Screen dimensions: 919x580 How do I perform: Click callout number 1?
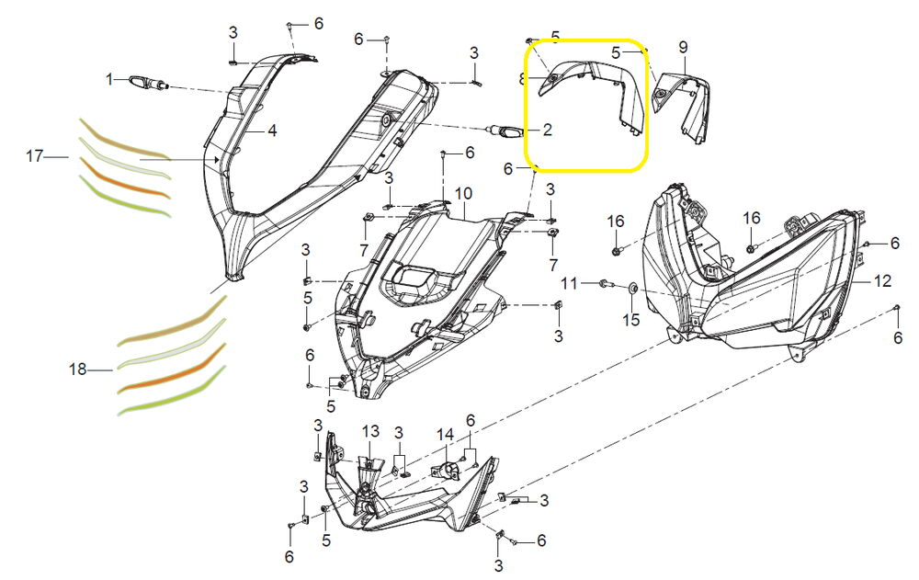click(x=109, y=78)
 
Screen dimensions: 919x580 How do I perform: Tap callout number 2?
click(x=547, y=129)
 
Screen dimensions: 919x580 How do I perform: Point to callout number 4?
click(x=272, y=131)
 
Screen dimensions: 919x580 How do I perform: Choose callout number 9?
click(x=683, y=48)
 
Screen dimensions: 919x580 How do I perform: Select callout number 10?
click(x=463, y=194)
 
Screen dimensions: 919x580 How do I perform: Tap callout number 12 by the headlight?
click(x=882, y=281)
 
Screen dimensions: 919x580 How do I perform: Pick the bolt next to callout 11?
click(x=605, y=284)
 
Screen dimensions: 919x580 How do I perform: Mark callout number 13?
click(x=370, y=432)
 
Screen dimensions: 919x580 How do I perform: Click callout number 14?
click(x=446, y=435)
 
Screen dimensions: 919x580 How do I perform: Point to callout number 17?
click(x=35, y=156)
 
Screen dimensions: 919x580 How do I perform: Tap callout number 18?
click(x=78, y=370)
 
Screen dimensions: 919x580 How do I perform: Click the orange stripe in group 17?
click(x=124, y=177)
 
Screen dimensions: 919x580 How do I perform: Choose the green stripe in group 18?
click(x=173, y=392)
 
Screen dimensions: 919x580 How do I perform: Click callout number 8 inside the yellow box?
click(x=522, y=78)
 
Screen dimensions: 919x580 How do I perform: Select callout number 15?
click(x=630, y=320)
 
